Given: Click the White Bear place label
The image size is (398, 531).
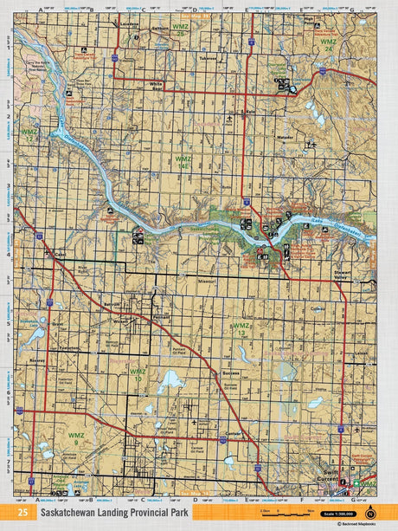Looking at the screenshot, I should [x=157, y=84].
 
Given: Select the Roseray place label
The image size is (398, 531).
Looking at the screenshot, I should [x=36, y=355].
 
